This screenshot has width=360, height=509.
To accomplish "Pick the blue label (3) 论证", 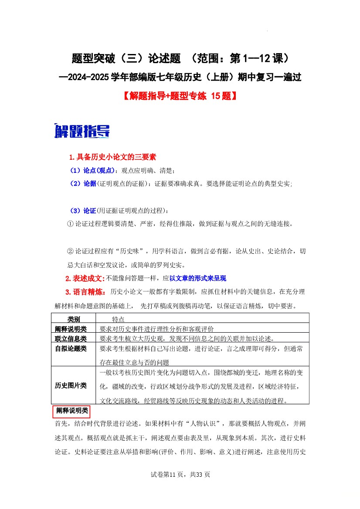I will [x=83, y=211].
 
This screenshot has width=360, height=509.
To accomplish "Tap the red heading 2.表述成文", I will [x=85, y=278].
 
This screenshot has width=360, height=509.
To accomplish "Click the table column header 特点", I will [x=119, y=319].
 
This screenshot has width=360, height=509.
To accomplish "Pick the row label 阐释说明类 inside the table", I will [x=71, y=329].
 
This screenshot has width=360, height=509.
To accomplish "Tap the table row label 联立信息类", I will [x=71, y=339].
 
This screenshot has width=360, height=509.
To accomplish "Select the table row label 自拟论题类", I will [x=71, y=349].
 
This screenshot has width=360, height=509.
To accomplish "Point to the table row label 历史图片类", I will [x=71, y=386].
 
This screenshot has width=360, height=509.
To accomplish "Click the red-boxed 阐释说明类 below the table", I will [x=72, y=411].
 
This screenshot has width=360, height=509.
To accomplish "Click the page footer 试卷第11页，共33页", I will [x=180, y=475].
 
